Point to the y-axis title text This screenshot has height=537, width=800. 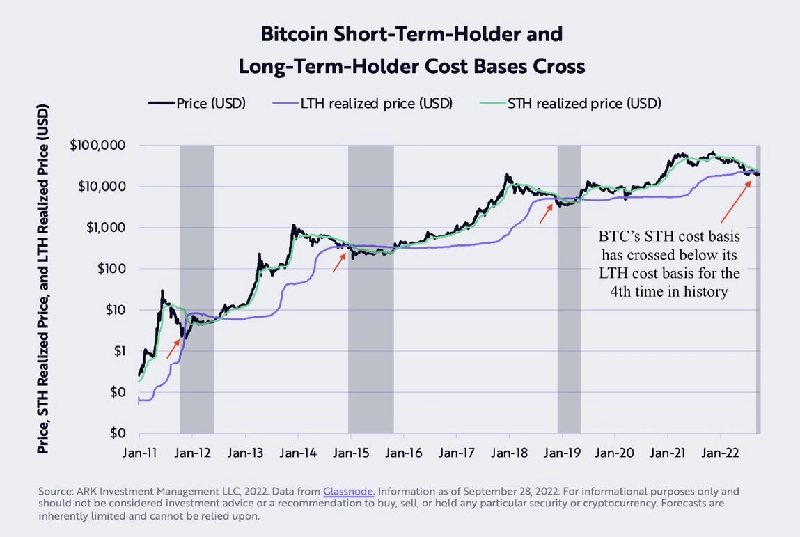(x=43, y=279)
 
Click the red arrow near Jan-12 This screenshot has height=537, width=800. (x=173, y=348)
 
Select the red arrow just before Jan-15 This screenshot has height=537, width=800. (x=339, y=263)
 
